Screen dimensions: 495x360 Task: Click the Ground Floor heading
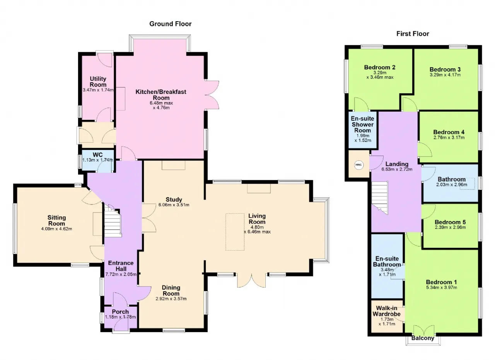click(x=171, y=24)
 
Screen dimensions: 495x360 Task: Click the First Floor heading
click(x=413, y=34)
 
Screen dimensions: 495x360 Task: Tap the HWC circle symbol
click(x=358, y=165)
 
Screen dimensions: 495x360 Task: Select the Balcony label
click(x=423, y=338)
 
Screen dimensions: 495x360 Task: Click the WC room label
click(x=98, y=155)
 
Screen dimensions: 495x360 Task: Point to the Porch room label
click(x=120, y=312)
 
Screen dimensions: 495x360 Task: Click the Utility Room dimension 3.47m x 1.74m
click(x=98, y=90)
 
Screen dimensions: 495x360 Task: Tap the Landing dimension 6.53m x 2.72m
click(x=397, y=169)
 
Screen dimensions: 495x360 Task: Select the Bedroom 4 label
click(x=449, y=132)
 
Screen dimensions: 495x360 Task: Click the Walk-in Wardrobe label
click(x=386, y=311)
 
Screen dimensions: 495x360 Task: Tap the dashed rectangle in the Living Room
click(x=235, y=232)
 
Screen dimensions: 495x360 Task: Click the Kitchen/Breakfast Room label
click(x=161, y=95)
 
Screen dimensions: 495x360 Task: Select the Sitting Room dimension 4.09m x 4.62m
click(x=56, y=229)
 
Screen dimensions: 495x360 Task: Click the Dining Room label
click(x=171, y=291)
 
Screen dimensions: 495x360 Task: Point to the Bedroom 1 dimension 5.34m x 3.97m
click(x=442, y=288)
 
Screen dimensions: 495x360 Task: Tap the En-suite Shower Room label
click(x=363, y=125)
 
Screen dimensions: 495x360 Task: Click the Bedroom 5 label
click(x=450, y=222)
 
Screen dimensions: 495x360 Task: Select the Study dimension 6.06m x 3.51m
click(x=174, y=205)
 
